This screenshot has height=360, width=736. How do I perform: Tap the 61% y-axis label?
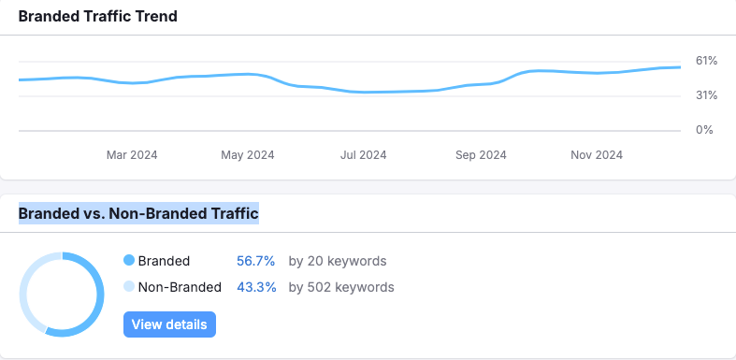point(706,61)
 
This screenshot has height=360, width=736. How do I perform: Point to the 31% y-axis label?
point(706,95)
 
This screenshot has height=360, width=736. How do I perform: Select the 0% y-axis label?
point(705,130)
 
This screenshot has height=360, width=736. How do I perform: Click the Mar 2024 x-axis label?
point(132,154)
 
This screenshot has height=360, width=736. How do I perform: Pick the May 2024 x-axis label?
point(248,154)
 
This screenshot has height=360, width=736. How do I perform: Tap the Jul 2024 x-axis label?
point(364,154)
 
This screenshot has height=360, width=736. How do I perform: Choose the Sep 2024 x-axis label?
point(480,154)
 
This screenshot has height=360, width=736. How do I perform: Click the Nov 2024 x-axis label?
point(597,154)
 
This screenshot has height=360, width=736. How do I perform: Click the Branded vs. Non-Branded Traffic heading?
point(138,214)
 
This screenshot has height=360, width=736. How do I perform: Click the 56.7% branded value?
point(257,261)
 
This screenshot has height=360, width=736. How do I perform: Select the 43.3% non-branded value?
point(257,287)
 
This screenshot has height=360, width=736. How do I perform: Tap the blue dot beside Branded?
point(129,261)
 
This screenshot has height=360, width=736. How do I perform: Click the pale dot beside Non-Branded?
point(129,287)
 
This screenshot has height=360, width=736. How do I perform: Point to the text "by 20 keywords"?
point(338,261)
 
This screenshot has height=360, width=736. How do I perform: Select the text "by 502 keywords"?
point(341,287)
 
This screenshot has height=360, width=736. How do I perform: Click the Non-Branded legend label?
point(180,287)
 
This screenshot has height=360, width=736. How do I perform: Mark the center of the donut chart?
point(61,294)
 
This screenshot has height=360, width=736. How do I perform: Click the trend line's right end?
point(680,67)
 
